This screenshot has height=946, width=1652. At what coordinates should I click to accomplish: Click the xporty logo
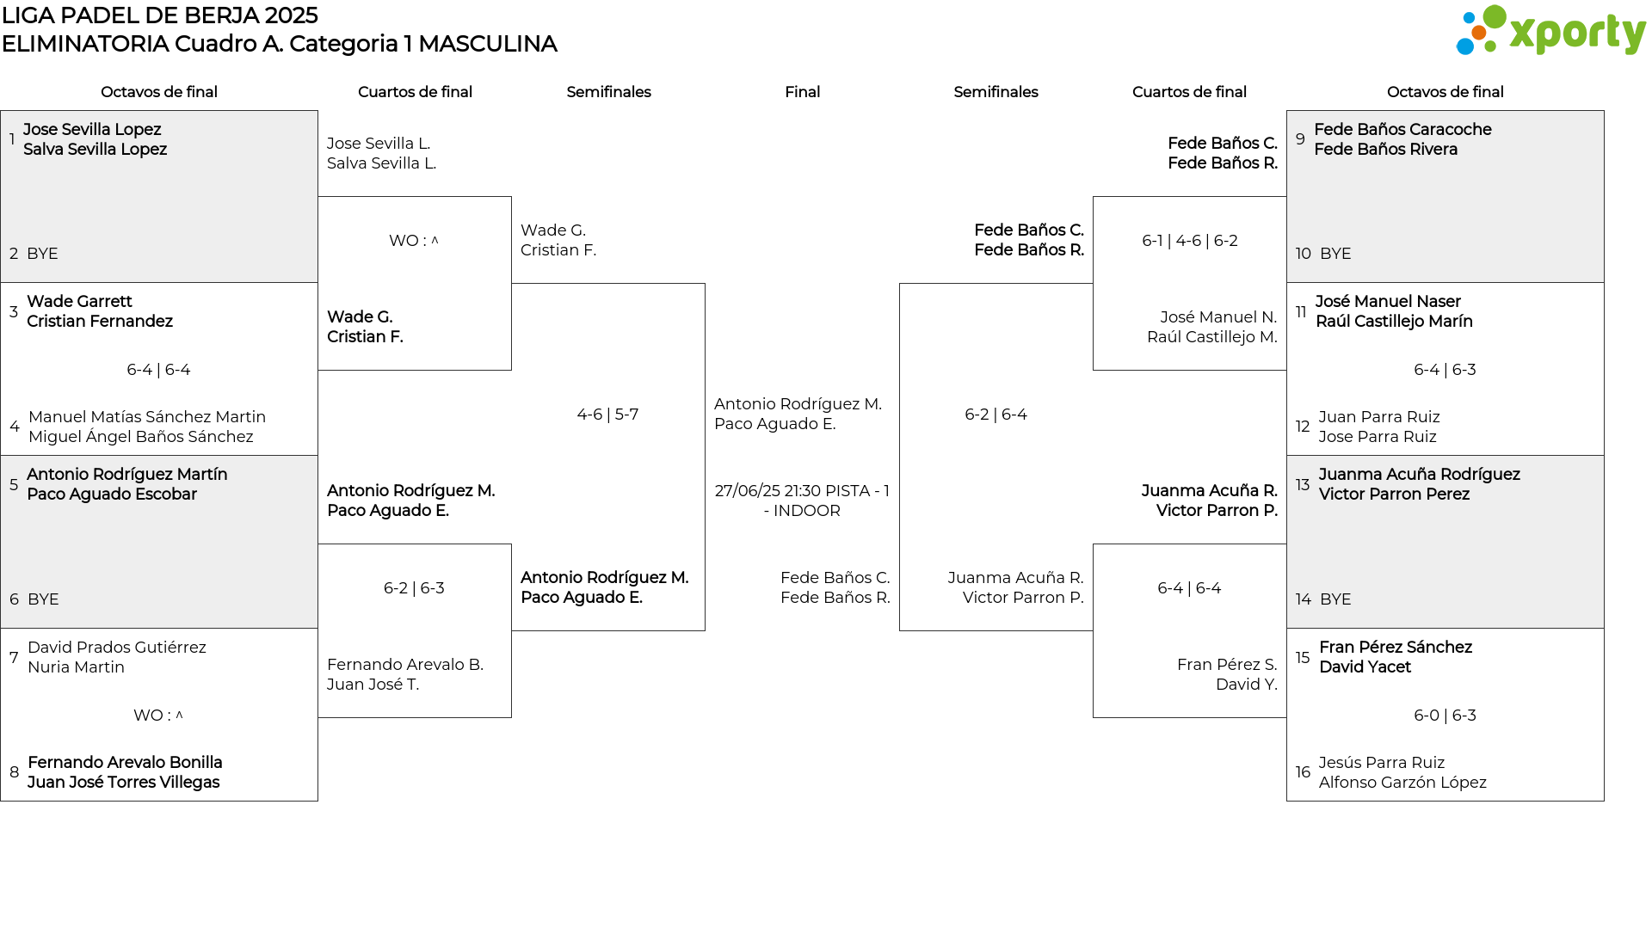coord(1550,31)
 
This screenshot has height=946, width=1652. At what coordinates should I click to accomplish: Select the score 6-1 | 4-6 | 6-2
coord(1190,241)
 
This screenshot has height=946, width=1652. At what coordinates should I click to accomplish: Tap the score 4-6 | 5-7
coord(607,415)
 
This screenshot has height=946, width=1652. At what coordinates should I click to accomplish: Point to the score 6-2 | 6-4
coord(996,415)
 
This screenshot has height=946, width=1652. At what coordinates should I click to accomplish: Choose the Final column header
coord(802,92)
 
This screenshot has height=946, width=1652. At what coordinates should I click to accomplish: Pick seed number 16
coord(1303,772)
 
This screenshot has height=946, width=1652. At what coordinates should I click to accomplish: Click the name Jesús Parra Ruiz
coord(1382,763)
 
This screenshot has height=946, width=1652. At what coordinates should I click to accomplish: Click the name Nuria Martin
coord(76,667)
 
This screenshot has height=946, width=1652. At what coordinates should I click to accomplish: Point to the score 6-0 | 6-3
coord(1445,716)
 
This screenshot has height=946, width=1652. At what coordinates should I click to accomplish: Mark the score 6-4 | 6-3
coord(1445,370)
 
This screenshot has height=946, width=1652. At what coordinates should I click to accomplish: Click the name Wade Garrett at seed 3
coord(79,302)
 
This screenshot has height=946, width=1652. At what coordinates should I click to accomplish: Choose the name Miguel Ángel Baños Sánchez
coord(141,437)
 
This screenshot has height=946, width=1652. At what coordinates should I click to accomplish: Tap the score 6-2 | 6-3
coord(414,588)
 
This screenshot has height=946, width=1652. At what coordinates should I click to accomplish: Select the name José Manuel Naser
coord(1388,302)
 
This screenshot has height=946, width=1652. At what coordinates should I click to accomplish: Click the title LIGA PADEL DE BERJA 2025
coord(160,15)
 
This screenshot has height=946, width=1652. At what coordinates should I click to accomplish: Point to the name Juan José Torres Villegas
coord(124,783)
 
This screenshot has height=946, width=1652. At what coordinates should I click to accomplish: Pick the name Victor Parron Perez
coord(1394,494)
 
